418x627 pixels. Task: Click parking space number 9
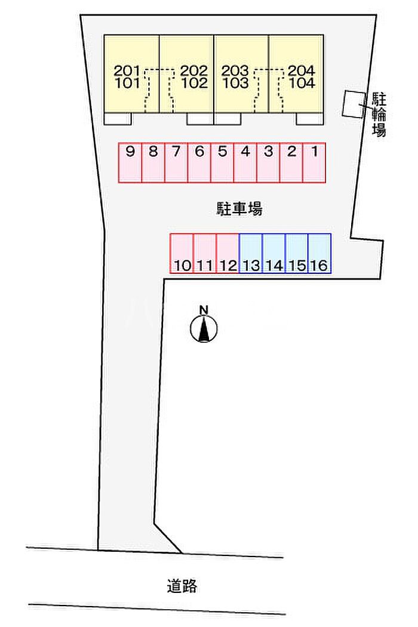130,162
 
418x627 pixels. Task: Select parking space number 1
314,162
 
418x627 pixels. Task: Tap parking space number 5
222,162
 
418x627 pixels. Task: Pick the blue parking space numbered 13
251,254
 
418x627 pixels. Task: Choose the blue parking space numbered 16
319,254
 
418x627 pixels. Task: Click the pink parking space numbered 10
182,254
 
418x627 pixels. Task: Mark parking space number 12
228,254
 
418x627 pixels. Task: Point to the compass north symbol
204,329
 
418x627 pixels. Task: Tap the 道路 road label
182,586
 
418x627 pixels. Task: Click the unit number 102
195,83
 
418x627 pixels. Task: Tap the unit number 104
302,83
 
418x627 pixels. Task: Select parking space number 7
176,162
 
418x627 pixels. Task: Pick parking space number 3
268,162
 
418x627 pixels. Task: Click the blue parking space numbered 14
273,254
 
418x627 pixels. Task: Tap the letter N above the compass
204,309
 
